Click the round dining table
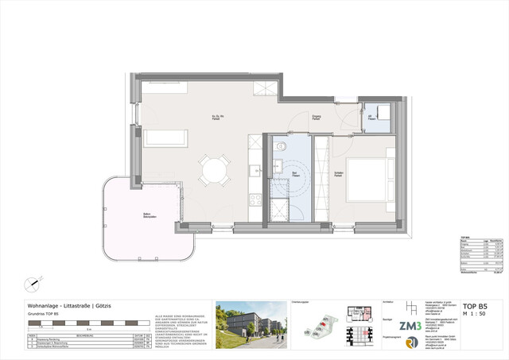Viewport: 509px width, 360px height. (x=213, y=169)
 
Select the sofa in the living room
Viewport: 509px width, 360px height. (x=165, y=138)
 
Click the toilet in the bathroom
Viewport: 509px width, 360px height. (x=280, y=146)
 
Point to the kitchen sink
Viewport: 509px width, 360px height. (x=254, y=169)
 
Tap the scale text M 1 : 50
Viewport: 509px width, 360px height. (x=475, y=314)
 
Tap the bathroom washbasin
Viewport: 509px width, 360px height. (x=279, y=165)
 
